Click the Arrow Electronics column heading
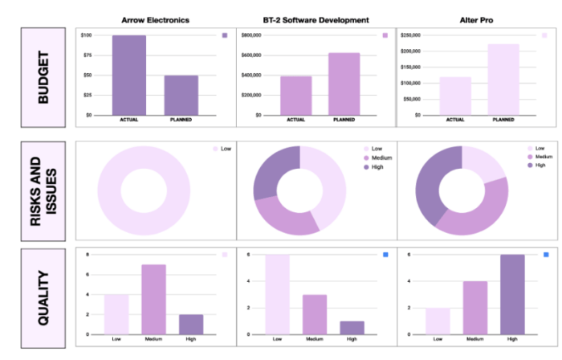(155, 19)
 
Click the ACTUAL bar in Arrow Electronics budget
(128, 76)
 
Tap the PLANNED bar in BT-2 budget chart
(344, 84)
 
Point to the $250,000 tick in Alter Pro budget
(411, 36)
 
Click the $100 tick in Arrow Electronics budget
(87, 36)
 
